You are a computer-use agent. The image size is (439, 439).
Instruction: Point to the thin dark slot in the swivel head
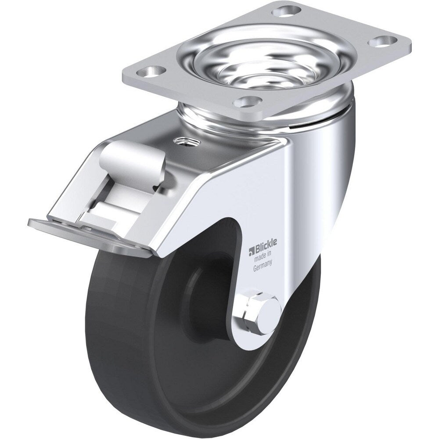pos(303,127)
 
